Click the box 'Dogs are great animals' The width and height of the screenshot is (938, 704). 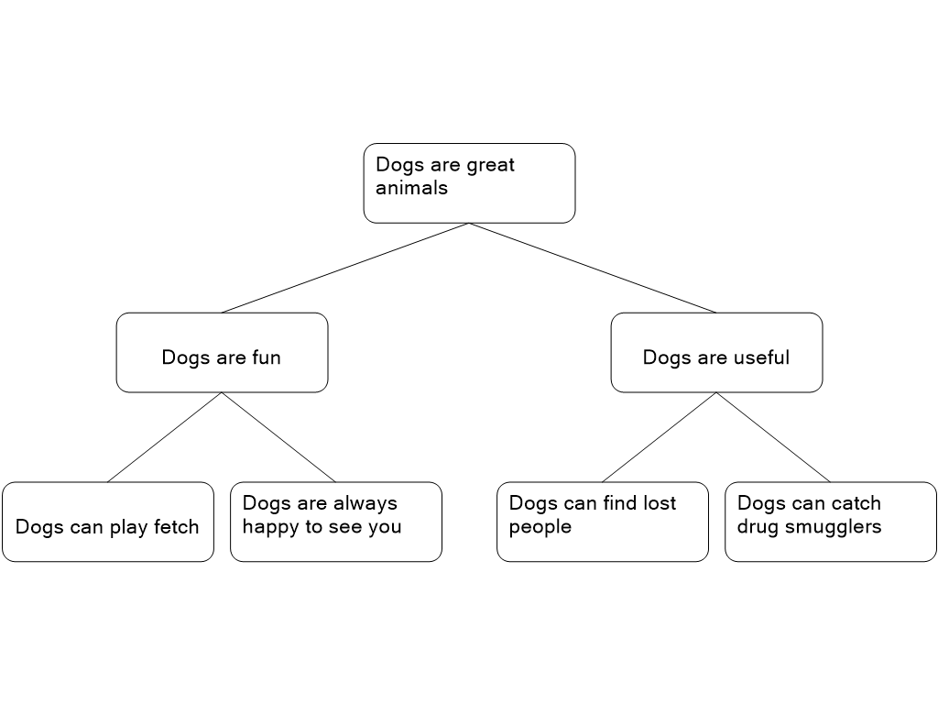[469, 183]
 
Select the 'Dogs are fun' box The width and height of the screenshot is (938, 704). [222, 353]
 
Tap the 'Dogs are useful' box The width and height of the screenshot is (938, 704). [716, 353]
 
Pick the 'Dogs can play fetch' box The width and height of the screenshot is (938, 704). [108, 522]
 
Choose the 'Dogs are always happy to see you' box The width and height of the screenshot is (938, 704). [336, 522]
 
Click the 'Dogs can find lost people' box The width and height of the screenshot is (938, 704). [603, 522]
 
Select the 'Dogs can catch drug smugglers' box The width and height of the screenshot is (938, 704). [831, 522]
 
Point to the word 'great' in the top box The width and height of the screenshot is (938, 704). [491, 166]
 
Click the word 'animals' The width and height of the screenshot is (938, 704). [411, 188]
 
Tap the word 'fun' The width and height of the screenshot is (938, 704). [267, 357]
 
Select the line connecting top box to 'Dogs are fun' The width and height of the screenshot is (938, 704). [345, 269]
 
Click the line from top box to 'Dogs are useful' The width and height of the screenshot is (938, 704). [593, 269]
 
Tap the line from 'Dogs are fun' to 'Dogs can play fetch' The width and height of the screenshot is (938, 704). [165, 437]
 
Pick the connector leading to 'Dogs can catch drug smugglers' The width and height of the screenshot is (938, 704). [773, 437]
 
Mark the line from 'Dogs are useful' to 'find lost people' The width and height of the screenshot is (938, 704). [660, 437]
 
